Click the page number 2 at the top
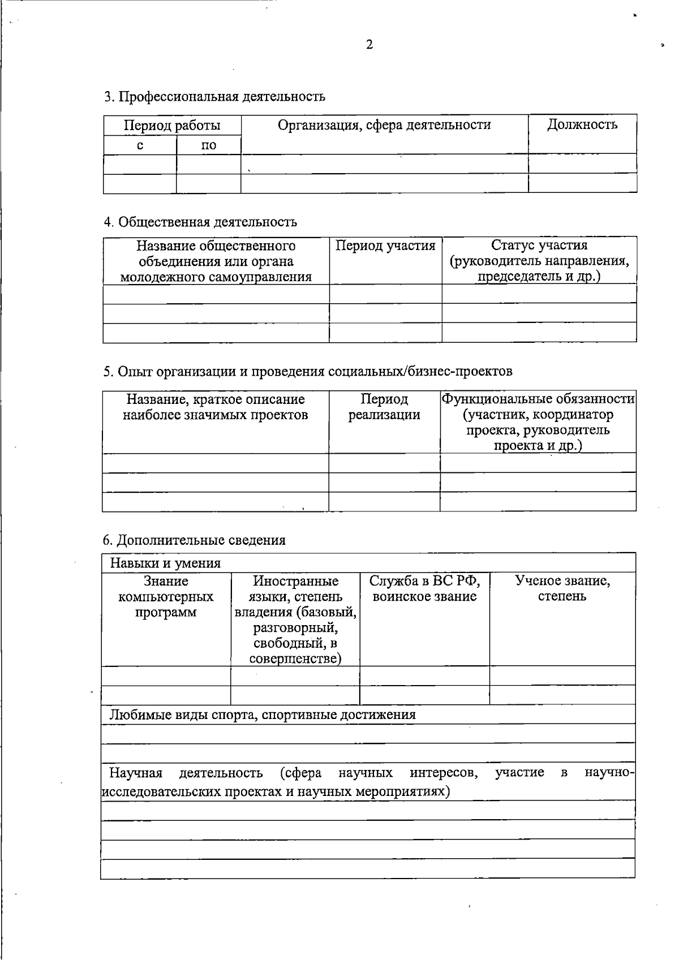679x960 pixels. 369,45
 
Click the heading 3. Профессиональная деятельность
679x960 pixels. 214,96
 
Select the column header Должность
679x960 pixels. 582,125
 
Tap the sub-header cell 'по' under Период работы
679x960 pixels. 209,145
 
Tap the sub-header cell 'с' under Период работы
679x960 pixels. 140,145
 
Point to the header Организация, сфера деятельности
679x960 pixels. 384,125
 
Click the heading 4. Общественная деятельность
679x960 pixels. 200,222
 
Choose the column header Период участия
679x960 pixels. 385,246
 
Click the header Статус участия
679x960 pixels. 539,246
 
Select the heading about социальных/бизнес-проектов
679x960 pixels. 308,371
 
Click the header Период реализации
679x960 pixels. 384,407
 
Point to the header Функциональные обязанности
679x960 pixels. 538,399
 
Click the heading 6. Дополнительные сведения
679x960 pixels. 194,540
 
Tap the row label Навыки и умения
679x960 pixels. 165,563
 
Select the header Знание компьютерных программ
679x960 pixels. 166,596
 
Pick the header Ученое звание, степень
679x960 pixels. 562,588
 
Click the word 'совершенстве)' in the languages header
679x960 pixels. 295,658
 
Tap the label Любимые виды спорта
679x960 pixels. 263,714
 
